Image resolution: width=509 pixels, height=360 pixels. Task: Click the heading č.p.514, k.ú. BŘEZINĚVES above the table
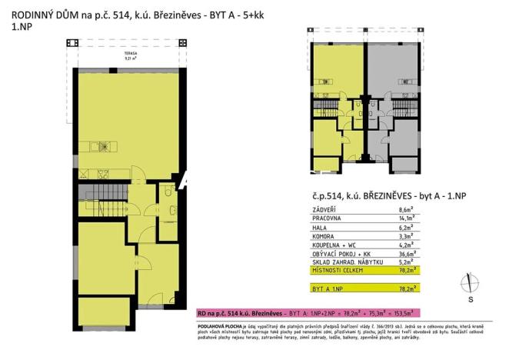[361, 196]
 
